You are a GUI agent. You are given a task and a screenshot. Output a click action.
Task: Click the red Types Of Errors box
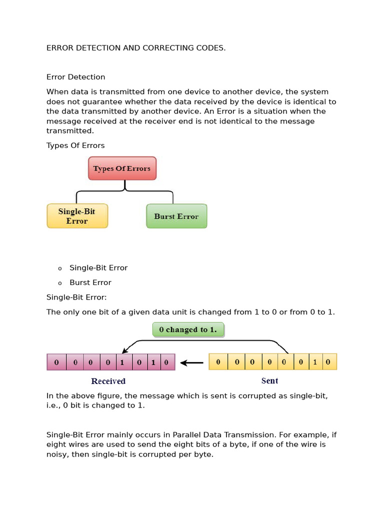point(122,168)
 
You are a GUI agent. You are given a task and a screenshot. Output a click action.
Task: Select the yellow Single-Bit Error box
point(77,216)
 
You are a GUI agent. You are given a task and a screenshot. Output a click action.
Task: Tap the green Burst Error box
point(176,216)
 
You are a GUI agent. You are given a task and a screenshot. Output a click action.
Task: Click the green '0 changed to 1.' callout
point(188,329)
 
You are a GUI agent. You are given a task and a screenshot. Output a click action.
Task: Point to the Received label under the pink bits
point(108,381)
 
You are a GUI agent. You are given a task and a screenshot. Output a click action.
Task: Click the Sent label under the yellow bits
point(269,381)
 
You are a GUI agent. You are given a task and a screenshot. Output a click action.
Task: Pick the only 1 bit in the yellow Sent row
point(315,362)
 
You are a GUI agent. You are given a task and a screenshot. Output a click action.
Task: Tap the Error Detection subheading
point(76,77)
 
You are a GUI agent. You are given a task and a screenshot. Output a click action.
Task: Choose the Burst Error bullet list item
point(90,282)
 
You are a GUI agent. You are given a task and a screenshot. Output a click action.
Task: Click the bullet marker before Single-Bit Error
point(60,268)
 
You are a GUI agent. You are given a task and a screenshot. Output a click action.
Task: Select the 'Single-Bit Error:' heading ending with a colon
point(76,297)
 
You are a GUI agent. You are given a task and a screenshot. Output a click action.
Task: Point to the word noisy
point(59,455)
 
